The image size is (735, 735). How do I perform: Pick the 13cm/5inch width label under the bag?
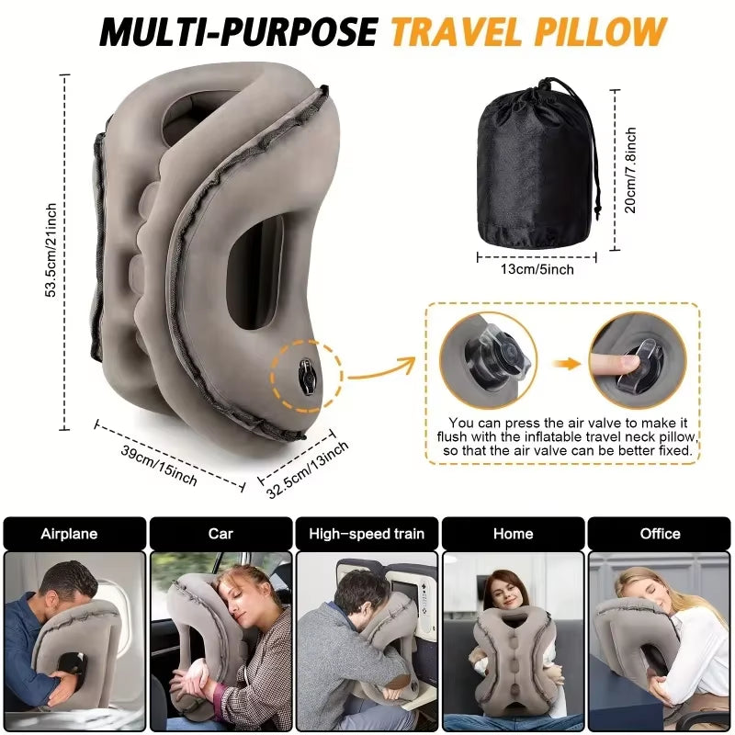pos(537,269)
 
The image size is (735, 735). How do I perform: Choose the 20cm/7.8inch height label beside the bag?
pos(631,170)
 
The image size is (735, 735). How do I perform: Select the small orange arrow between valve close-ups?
pos(571,364)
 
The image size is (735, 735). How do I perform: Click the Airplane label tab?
pos(74,534)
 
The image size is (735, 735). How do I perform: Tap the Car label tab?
pos(220,534)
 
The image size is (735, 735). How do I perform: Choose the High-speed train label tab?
pos(367,534)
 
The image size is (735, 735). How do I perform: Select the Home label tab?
pos(513,534)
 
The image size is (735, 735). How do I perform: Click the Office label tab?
pos(660,534)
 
